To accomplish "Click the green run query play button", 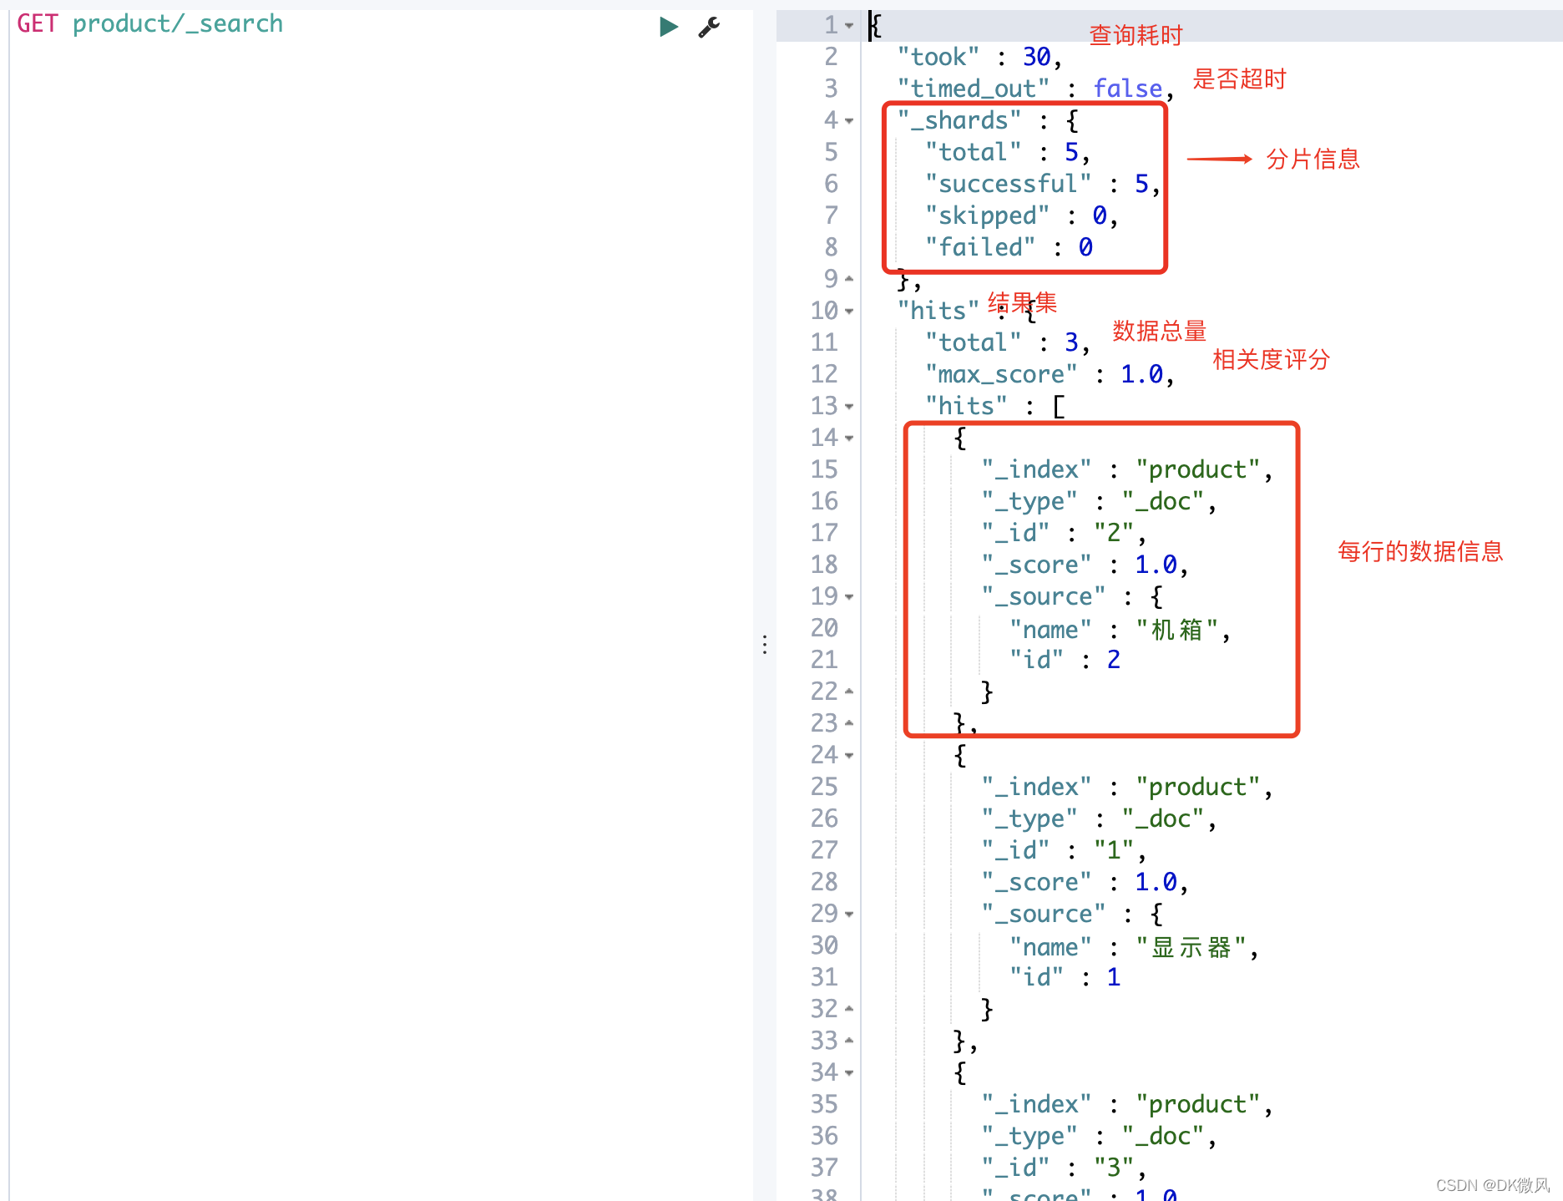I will tap(668, 27).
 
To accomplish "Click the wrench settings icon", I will tap(709, 28).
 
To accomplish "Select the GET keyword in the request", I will tap(38, 23).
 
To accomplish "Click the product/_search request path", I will tap(177, 23).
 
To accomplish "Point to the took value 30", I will tap(1036, 57).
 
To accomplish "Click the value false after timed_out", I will tap(1127, 89).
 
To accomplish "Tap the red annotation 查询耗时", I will tap(1136, 35).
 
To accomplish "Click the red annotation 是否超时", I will tap(1239, 79).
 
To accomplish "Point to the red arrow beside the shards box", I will tap(1219, 159).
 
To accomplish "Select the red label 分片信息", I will tap(1313, 159).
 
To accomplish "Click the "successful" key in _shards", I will tap(1008, 184).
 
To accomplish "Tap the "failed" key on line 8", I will tap(980, 247).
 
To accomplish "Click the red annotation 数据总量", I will tap(1159, 331).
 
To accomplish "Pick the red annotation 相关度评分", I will tap(1271, 360).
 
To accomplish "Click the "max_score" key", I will tap(1001, 374).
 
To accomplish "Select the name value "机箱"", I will tap(1176, 630).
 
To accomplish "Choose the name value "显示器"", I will tap(1191, 947).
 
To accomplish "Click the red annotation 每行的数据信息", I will tap(1420, 551).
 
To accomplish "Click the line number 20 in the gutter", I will tap(824, 628).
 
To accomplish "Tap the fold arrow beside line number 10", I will tap(849, 312).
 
